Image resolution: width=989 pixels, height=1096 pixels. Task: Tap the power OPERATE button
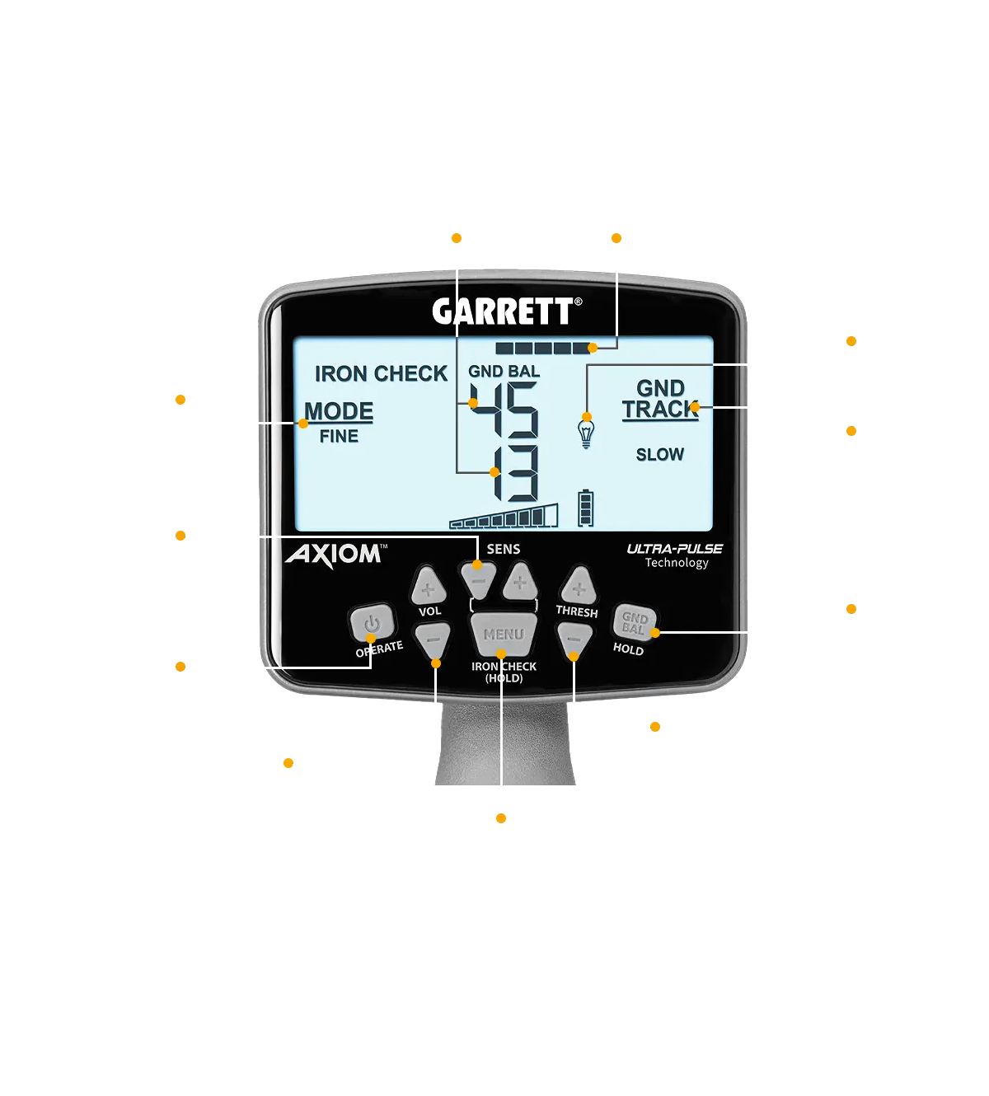[371, 624]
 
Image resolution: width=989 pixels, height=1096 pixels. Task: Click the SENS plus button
[520, 583]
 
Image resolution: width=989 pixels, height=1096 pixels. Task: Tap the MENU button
[504, 635]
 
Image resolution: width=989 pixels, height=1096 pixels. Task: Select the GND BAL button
[634, 622]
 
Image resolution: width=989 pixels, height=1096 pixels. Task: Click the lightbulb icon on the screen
[586, 432]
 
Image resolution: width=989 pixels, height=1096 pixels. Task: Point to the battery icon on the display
[585, 508]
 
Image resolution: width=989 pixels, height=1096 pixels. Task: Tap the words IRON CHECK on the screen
[381, 373]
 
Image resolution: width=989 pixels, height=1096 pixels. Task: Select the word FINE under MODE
[339, 436]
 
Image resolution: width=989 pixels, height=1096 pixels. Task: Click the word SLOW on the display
[659, 454]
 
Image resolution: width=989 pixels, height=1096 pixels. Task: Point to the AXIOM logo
[335, 555]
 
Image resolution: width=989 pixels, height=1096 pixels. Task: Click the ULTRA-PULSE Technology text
[675, 555]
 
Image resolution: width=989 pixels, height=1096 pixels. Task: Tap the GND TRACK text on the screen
[660, 399]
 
